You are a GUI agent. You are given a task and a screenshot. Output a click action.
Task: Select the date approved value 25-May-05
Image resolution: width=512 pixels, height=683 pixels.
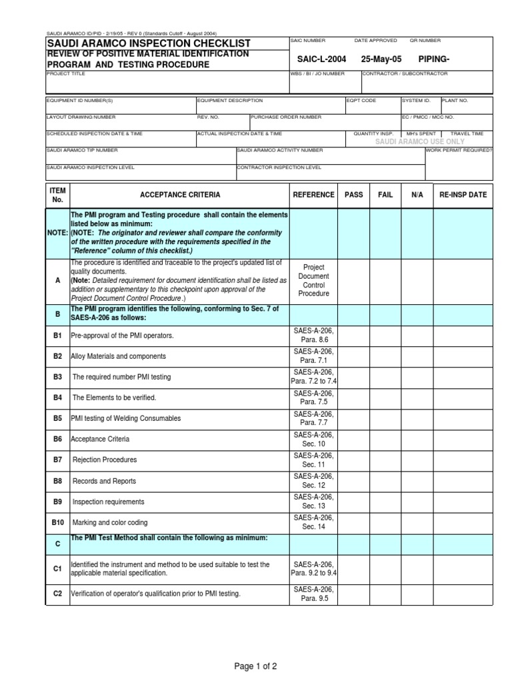point(381,59)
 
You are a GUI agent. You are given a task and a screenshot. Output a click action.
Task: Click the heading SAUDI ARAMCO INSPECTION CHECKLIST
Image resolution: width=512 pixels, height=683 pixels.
point(148,43)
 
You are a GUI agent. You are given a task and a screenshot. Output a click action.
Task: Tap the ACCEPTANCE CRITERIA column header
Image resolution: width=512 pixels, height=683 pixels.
point(179,195)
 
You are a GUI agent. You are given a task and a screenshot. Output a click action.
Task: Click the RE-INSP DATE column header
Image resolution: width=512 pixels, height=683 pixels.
point(463,195)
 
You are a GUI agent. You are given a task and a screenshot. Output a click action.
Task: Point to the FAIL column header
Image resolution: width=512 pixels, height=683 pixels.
point(385,195)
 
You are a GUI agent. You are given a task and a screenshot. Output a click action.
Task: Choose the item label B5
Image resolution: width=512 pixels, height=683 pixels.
point(58,418)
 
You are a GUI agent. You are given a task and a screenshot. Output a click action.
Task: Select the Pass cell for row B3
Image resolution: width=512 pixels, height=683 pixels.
point(354,377)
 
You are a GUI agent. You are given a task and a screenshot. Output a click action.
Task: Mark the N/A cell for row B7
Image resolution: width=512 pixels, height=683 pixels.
point(417,460)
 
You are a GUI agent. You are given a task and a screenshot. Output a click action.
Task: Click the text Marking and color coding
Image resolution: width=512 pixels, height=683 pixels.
point(110,522)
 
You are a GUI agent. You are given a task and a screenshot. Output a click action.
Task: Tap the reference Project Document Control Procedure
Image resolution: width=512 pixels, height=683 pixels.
point(313,279)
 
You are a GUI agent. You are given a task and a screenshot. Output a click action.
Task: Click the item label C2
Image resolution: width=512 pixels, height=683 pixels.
point(58,594)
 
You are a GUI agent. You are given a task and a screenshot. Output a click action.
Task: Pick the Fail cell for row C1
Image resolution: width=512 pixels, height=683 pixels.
point(385,568)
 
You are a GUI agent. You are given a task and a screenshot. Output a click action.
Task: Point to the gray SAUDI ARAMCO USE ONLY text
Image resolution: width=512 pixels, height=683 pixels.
point(419,142)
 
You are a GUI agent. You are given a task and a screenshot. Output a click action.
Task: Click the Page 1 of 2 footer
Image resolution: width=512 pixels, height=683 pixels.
point(256,666)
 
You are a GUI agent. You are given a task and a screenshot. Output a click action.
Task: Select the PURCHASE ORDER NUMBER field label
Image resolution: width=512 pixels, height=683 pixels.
point(287,117)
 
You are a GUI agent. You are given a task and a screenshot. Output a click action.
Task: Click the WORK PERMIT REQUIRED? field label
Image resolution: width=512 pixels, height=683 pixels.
point(459,150)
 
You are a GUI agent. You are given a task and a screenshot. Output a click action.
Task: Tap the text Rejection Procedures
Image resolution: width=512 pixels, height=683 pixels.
point(105,460)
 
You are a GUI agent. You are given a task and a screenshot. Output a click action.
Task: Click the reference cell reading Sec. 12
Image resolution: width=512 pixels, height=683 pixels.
point(313,486)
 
